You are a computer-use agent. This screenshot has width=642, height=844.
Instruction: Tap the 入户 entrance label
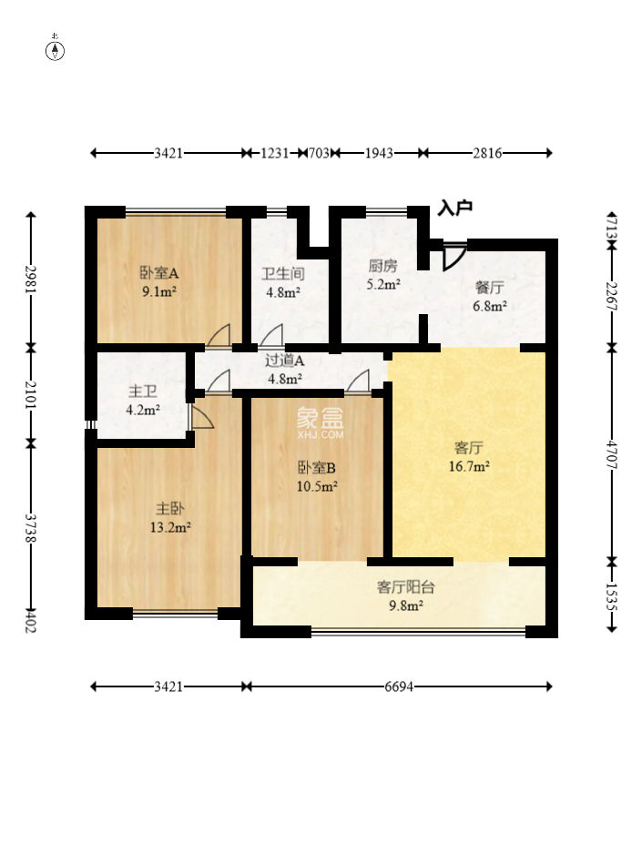pos(454,208)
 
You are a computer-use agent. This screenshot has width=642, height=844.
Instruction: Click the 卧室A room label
pos(158,273)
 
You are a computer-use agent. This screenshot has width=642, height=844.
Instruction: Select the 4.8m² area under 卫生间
pos(283,293)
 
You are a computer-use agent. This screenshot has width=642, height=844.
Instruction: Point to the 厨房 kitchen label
pos(382,265)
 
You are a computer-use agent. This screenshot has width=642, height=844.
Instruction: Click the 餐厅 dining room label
pos(489,288)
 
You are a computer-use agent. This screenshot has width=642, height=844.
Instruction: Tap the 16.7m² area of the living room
pos(469,466)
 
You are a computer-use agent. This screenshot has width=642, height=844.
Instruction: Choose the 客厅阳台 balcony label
pos(405,586)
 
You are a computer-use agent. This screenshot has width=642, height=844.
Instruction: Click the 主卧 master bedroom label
pos(170,508)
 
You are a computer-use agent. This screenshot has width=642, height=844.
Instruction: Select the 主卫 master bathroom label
pos(143,391)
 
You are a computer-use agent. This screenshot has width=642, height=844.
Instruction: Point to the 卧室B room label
pos(317,467)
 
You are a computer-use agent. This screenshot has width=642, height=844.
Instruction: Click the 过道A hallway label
pos(284,361)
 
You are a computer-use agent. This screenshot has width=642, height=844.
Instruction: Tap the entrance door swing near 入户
pos(453,256)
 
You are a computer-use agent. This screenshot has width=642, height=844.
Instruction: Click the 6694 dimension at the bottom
pos(399,686)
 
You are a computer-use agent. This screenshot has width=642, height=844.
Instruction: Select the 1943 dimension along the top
pos(379,153)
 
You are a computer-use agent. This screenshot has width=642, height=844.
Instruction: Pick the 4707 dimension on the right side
pos(611,455)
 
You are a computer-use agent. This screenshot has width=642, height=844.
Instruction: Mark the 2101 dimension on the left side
pos(31,396)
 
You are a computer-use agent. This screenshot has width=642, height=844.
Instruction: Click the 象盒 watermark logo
pos(320,417)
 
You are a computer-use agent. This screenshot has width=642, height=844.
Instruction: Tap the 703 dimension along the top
pos(319,153)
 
